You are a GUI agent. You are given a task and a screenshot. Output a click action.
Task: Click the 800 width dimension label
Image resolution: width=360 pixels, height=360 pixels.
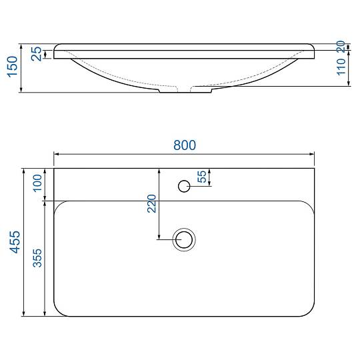pyautogui.click(x=185, y=145)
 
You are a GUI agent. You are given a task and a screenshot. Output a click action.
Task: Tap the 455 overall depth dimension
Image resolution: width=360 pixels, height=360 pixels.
pyautogui.click(x=15, y=242)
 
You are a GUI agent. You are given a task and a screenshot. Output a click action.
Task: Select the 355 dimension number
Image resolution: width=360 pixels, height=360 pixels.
pyautogui.click(x=37, y=258)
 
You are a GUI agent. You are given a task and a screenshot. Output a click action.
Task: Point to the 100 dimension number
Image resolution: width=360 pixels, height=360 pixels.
pyautogui.click(x=37, y=183)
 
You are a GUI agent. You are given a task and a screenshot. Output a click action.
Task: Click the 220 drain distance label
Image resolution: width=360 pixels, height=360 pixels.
pyautogui.click(x=151, y=203)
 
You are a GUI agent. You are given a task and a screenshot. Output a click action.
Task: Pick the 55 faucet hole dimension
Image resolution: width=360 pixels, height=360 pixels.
pyautogui.click(x=202, y=177)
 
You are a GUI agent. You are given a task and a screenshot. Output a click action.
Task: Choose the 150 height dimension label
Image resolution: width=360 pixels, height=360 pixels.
pyautogui.click(x=12, y=67)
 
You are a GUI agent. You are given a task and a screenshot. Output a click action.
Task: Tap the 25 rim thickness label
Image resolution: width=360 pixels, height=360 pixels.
pyautogui.click(x=36, y=54)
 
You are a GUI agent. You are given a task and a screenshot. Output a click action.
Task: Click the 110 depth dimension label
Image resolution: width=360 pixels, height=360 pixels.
pyautogui.click(x=341, y=67)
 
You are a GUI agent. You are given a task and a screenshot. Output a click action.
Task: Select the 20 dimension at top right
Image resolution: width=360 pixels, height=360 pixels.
pyautogui.click(x=341, y=46)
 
